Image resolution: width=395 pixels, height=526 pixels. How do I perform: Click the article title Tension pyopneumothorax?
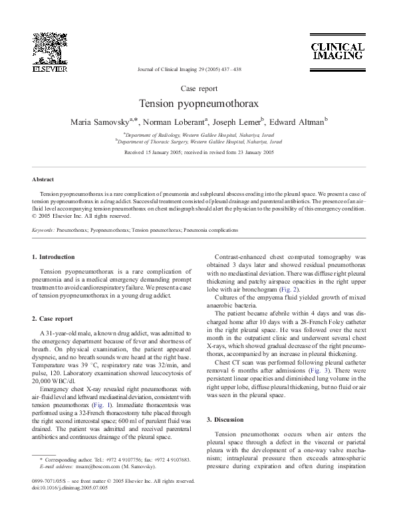click(x=197, y=105)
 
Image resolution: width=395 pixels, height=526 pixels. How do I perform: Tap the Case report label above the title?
click(x=197, y=88)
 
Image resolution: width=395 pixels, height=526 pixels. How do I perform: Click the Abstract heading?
click(x=43, y=179)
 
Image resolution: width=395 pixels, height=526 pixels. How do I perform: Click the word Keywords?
click(x=43, y=229)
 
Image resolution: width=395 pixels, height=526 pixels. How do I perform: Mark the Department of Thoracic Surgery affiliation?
click(x=199, y=141)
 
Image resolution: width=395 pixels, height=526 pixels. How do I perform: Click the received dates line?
click(x=197, y=153)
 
